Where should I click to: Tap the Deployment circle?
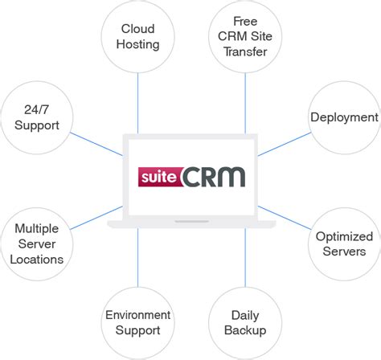tap(343, 118)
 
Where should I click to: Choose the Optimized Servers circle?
tap(343, 243)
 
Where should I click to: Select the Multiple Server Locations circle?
tap(37, 243)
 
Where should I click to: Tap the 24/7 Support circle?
tap(37, 118)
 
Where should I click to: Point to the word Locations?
tap(37, 259)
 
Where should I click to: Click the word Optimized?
tap(344, 236)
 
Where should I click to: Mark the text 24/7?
tap(37, 111)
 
